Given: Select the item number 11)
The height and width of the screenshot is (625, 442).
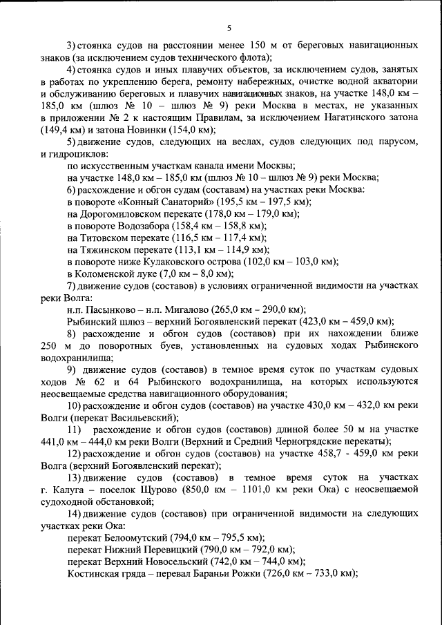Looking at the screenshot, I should (75, 430).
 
